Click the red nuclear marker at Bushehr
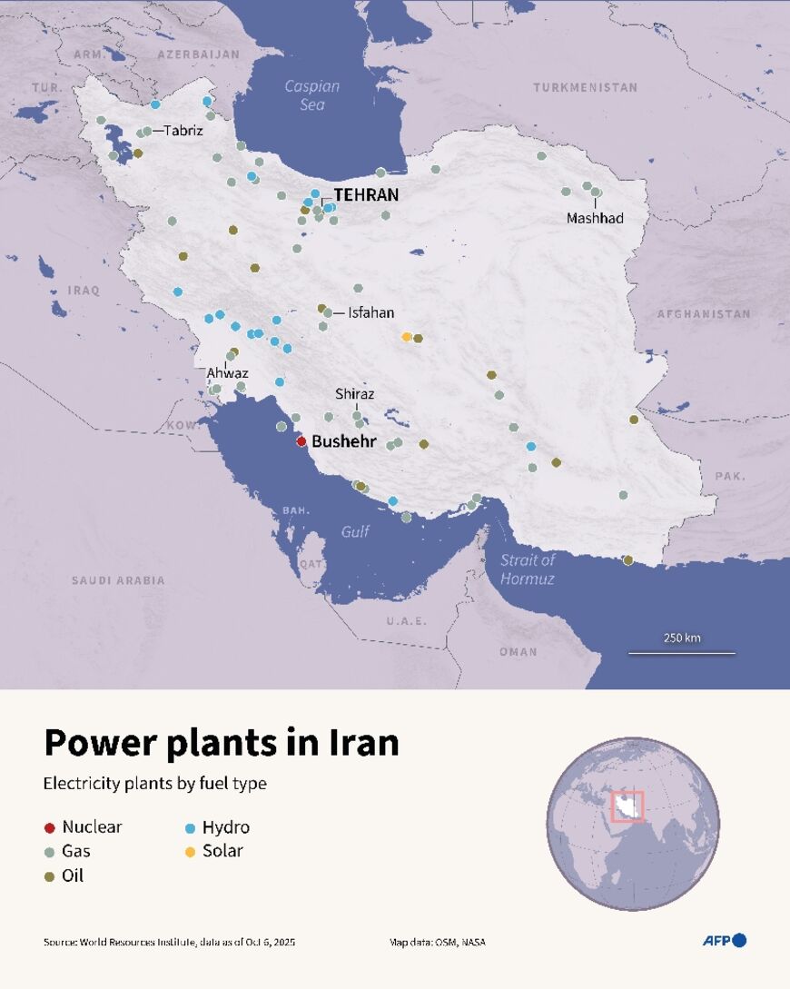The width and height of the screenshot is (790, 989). coord(301,442)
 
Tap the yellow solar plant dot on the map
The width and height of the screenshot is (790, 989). coord(407,337)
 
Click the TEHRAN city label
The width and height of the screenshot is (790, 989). coord(366,194)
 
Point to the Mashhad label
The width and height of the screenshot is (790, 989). coord(595,219)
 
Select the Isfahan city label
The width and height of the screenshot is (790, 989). coord(370,312)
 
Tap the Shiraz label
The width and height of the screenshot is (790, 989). coord(354,394)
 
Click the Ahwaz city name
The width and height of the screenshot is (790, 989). coord(226,373)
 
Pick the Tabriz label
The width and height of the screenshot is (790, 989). coord(183,131)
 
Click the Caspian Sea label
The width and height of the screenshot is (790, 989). coord(311,95)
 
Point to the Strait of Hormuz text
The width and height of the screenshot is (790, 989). coord(528,569)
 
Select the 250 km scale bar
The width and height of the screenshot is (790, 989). coord(682,651)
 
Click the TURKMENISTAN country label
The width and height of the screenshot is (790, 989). coord(585,88)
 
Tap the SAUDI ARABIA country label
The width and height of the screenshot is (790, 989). coord(118,579)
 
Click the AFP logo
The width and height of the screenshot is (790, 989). coord(724,940)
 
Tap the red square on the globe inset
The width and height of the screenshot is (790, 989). coord(627,806)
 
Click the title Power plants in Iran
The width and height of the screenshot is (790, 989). coord(222,742)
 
